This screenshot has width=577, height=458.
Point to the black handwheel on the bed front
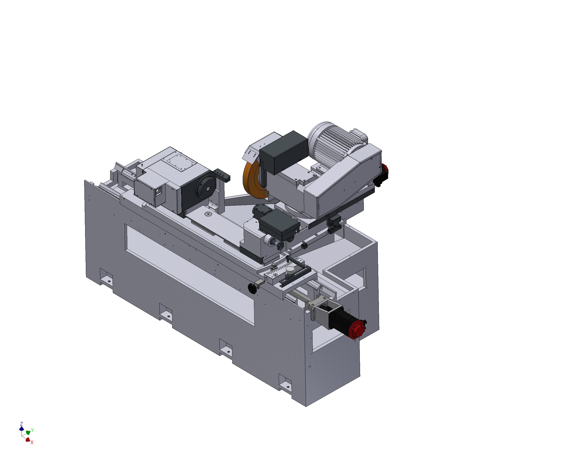pos(252,289)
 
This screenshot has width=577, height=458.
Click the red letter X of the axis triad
pos(32,442)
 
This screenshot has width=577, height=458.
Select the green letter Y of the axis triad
pos(32,430)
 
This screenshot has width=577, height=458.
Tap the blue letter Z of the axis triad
pos(21,424)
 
